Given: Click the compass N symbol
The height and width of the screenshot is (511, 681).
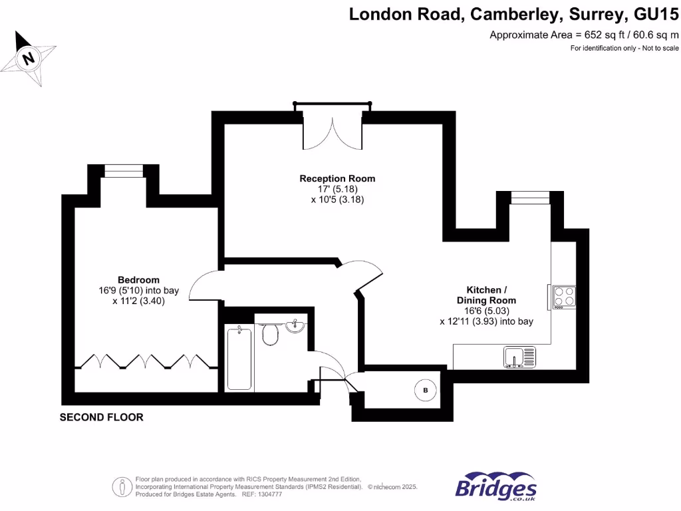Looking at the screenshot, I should pos(29,58).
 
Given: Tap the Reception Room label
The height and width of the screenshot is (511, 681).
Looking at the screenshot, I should pos(337,178).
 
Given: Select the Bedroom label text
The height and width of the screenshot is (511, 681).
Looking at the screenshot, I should pos(138,279).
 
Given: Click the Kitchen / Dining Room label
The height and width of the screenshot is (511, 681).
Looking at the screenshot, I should pos(486,295).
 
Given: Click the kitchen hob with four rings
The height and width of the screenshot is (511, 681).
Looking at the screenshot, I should pos(564,296).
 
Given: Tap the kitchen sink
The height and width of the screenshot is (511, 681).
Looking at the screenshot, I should pos(519,357).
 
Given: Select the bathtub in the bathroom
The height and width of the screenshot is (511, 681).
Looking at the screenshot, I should pos(239,357).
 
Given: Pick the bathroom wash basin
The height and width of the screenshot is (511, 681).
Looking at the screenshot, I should pos(295,326).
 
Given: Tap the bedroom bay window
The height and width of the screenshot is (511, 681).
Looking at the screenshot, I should pos(124,173).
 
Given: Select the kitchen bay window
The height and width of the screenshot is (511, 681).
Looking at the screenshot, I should pos(530,196).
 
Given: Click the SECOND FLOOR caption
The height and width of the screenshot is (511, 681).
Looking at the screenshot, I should pos(101,417).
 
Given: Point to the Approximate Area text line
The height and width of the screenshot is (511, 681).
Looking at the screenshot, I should pos(584,35).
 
